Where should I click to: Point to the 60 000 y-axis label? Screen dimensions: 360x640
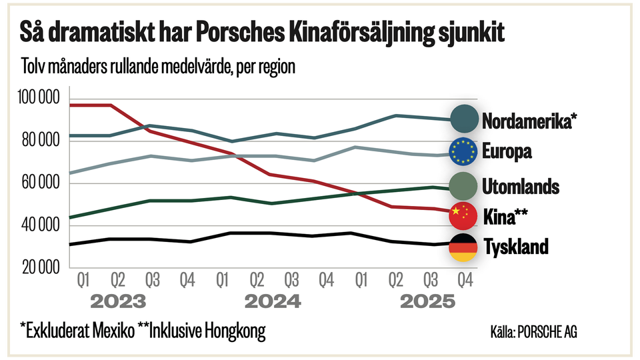tap(39, 183)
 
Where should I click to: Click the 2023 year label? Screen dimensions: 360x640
tap(118, 302)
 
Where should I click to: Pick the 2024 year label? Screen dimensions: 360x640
tap(273, 302)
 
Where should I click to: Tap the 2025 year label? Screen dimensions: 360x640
tap(427, 302)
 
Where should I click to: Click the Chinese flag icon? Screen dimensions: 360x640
tap(463, 215)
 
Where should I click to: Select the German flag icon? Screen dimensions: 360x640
tap(463, 247)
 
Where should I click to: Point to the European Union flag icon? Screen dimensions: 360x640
tap(463, 152)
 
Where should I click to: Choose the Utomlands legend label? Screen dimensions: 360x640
tap(521, 186)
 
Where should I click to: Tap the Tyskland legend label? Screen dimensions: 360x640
tap(515, 247)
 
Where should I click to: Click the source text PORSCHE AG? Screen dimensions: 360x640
tap(548, 332)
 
